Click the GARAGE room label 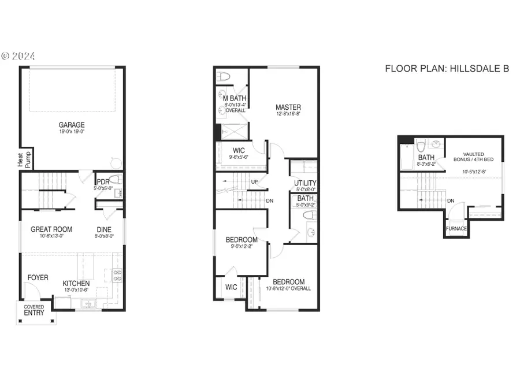[x=72, y=125]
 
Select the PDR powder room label [x=103, y=181]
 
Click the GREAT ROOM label [x=51, y=229]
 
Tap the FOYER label [x=38, y=278]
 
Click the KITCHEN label [x=76, y=284]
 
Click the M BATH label [x=235, y=98]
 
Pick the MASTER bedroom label [x=288, y=107]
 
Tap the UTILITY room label [x=305, y=183]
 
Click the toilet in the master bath [x=225, y=76]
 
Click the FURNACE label [x=456, y=228]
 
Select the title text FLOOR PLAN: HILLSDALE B [x=447, y=69]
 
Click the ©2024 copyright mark [x=18, y=56]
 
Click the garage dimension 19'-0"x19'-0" [x=72, y=132]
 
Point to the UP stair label [x=254, y=182]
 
